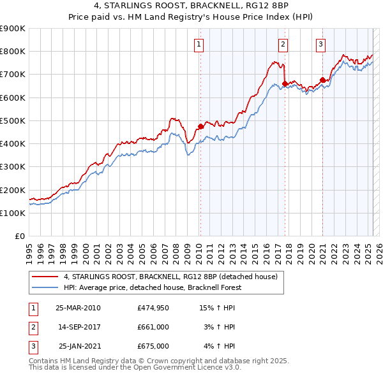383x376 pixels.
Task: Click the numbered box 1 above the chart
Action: point(200,45)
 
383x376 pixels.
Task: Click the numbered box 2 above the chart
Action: point(283,45)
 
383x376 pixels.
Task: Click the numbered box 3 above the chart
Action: point(320,45)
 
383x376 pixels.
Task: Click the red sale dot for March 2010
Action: point(200,126)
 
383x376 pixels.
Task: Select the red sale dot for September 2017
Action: point(285,83)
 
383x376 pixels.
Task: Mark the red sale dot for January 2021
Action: point(322,80)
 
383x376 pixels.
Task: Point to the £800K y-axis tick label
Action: point(13,52)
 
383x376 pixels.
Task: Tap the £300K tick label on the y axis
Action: point(13,167)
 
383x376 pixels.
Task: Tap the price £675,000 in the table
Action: point(153,346)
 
